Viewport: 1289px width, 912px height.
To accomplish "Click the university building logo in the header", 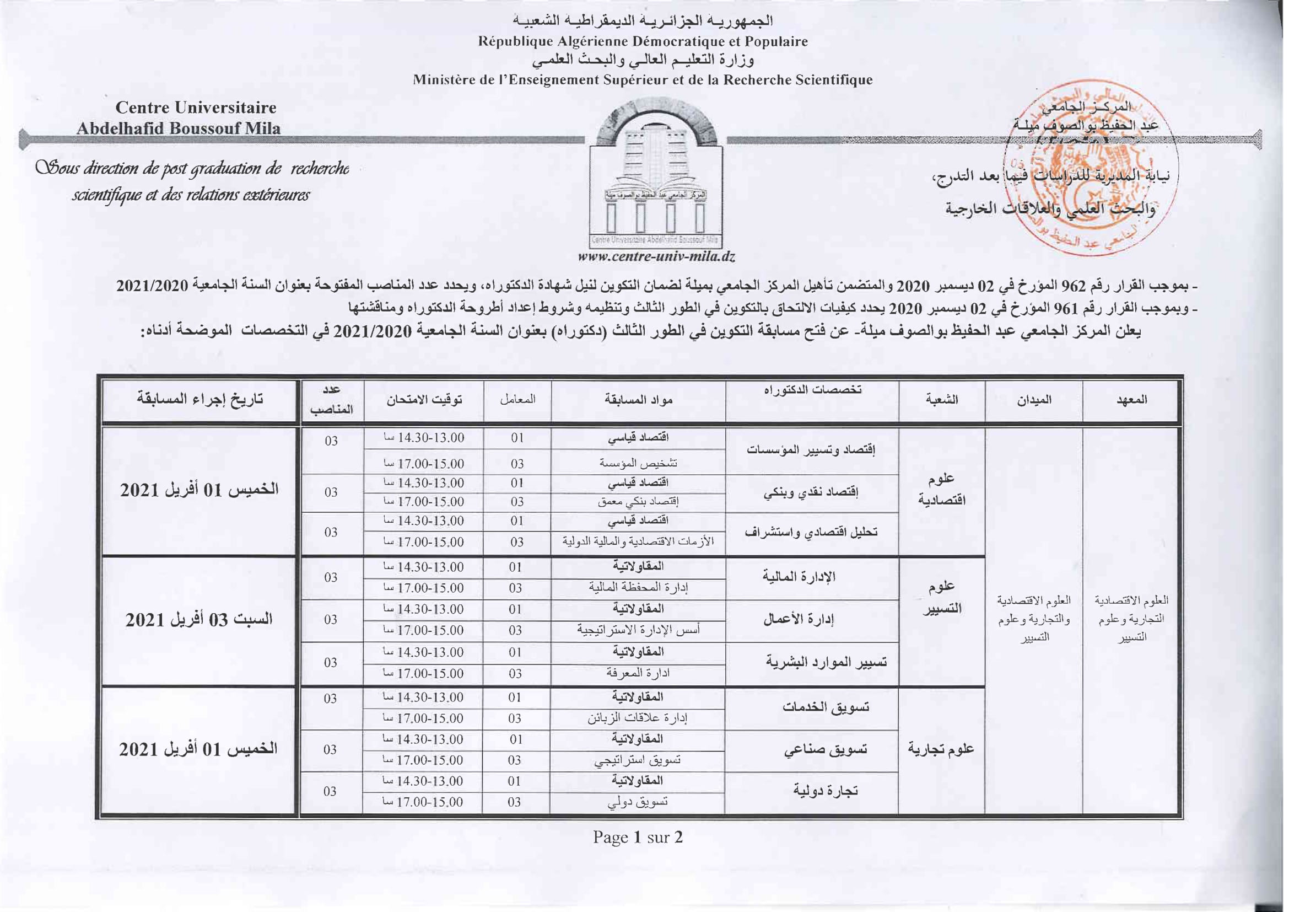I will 655,174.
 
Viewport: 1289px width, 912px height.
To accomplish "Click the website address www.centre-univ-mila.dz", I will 656,257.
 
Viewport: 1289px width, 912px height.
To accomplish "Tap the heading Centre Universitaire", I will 196,108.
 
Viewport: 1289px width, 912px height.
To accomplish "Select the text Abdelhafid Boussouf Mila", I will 179,128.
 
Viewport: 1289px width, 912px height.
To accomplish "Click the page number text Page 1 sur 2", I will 638,838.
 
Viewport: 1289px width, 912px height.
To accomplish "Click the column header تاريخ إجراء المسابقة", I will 200,400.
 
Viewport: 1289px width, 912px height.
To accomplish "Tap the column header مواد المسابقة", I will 638,400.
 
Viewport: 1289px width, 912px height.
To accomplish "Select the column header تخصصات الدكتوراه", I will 812,390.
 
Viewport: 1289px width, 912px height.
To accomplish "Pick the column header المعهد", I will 1131,400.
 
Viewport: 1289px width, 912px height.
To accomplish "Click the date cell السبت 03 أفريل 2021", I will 199,620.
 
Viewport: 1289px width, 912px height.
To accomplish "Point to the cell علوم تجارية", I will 941,749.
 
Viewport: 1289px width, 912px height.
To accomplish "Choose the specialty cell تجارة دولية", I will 826,791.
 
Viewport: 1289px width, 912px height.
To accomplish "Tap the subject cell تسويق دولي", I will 638,802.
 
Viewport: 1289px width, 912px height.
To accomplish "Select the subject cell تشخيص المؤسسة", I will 638,463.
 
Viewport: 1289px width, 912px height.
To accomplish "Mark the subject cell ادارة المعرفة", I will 638,673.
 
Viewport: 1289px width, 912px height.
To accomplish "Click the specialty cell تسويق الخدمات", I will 826,707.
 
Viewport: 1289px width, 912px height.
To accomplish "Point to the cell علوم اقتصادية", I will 941,489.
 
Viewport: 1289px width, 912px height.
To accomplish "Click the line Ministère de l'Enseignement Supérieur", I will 643,80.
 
